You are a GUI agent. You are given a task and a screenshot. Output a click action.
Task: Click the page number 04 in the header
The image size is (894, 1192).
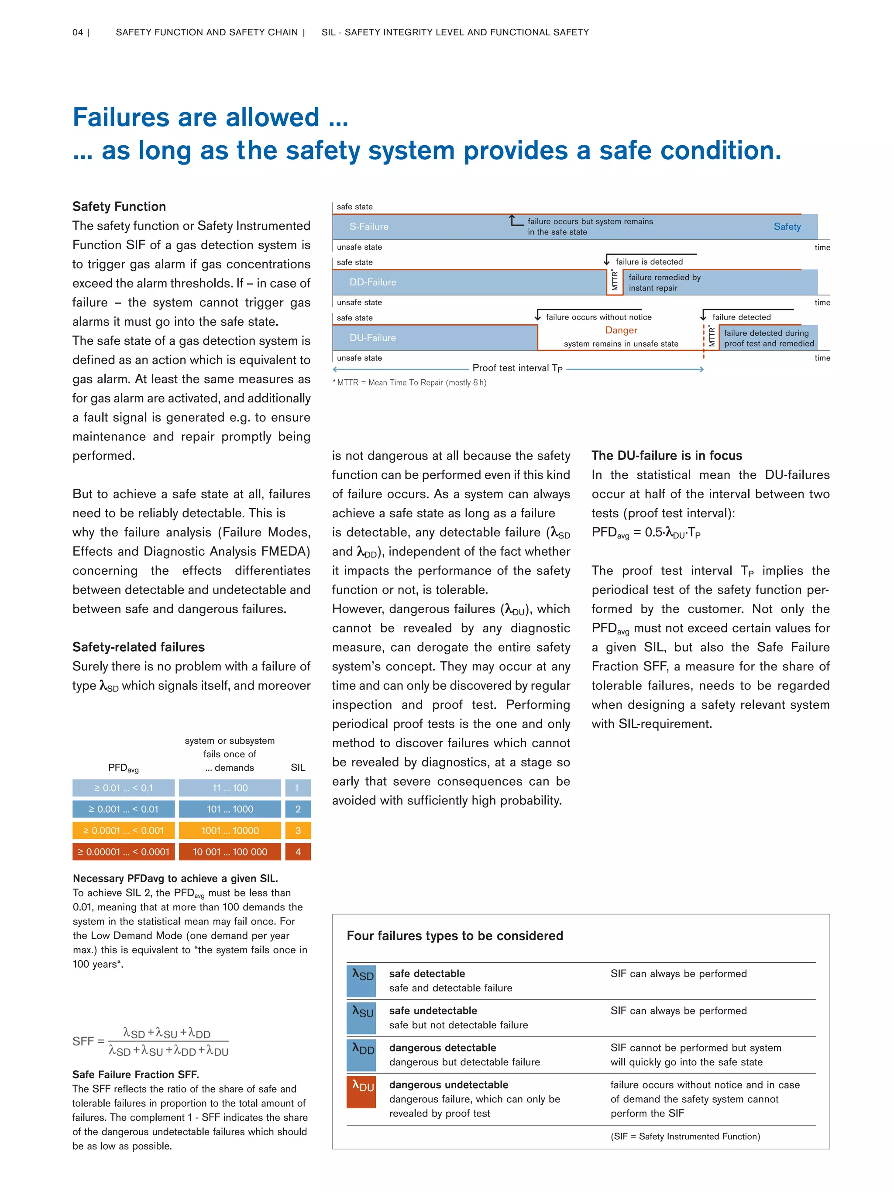[x=78, y=32]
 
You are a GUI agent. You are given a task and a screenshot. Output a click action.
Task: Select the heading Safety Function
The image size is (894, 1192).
[x=119, y=206]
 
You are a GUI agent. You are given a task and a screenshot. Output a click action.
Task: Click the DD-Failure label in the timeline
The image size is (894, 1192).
[x=372, y=282]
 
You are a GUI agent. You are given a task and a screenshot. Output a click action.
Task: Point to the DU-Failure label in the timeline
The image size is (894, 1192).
[x=372, y=338]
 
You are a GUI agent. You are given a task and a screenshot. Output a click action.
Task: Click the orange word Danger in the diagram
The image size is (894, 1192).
[x=621, y=330]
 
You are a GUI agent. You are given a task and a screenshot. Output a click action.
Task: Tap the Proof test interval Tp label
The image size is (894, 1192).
[x=517, y=368]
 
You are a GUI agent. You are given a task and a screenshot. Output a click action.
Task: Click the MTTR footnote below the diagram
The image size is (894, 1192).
[x=409, y=383]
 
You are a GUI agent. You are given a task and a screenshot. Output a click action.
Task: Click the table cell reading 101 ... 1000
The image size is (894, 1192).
[x=230, y=809]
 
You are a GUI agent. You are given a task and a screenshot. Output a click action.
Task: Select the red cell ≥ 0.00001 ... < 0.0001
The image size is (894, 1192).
[x=124, y=852]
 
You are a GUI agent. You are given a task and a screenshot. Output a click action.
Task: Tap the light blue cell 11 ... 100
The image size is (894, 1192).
[x=230, y=788]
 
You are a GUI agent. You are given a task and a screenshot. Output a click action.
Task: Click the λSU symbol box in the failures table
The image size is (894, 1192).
[x=361, y=1017]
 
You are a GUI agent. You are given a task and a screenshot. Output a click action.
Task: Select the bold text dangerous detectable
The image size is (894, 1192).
[x=443, y=1048]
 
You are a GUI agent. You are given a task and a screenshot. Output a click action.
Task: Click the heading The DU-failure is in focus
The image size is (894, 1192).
[x=667, y=455]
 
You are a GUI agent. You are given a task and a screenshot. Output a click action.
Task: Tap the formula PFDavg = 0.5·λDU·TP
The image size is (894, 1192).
[x=646, y=533]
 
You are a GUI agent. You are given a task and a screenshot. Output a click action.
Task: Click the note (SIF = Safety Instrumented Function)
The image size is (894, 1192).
[x=685, y=1137]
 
